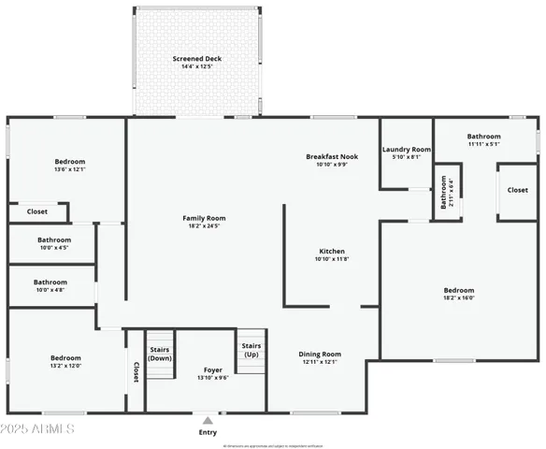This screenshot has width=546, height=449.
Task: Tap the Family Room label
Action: pyautogui.click(x=204, y=222)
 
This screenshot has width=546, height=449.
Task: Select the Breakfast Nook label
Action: pyautogui.click(x=332, y=159)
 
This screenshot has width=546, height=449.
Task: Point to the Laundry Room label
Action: pyautogui.click(x=407, y=152)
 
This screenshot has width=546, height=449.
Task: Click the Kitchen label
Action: pyautogui.click(x=332, y=254)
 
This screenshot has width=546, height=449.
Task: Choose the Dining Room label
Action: pyautogui.click(x=321, y=357)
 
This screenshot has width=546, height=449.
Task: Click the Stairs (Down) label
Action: pyautogui.click(x=160, y=354)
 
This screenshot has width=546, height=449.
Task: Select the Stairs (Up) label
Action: pyautogui.click(x=251, y=350)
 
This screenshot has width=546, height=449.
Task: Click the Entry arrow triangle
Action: pyautogui.click(x=208, y=421)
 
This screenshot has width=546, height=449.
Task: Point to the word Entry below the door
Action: pyautogui.click(x=208, y=432)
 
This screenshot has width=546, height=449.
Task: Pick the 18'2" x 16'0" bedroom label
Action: pyautogui.click(x=459, y=294)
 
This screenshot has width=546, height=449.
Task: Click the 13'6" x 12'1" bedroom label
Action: pyautogui.click(x=69, y=166)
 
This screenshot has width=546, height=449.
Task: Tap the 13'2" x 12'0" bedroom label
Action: pyautogui.click(x=65, y=362)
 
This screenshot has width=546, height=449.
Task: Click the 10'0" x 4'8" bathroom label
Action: pyautogui.click(x=50, y=285)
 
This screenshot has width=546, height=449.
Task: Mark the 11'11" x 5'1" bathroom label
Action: pyautogui.click(x=484, y=139)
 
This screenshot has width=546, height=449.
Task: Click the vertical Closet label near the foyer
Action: pyautogui.click(x=136, y=371)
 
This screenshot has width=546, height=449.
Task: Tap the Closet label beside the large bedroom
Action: pyautogui.click(x=517, y=190)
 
